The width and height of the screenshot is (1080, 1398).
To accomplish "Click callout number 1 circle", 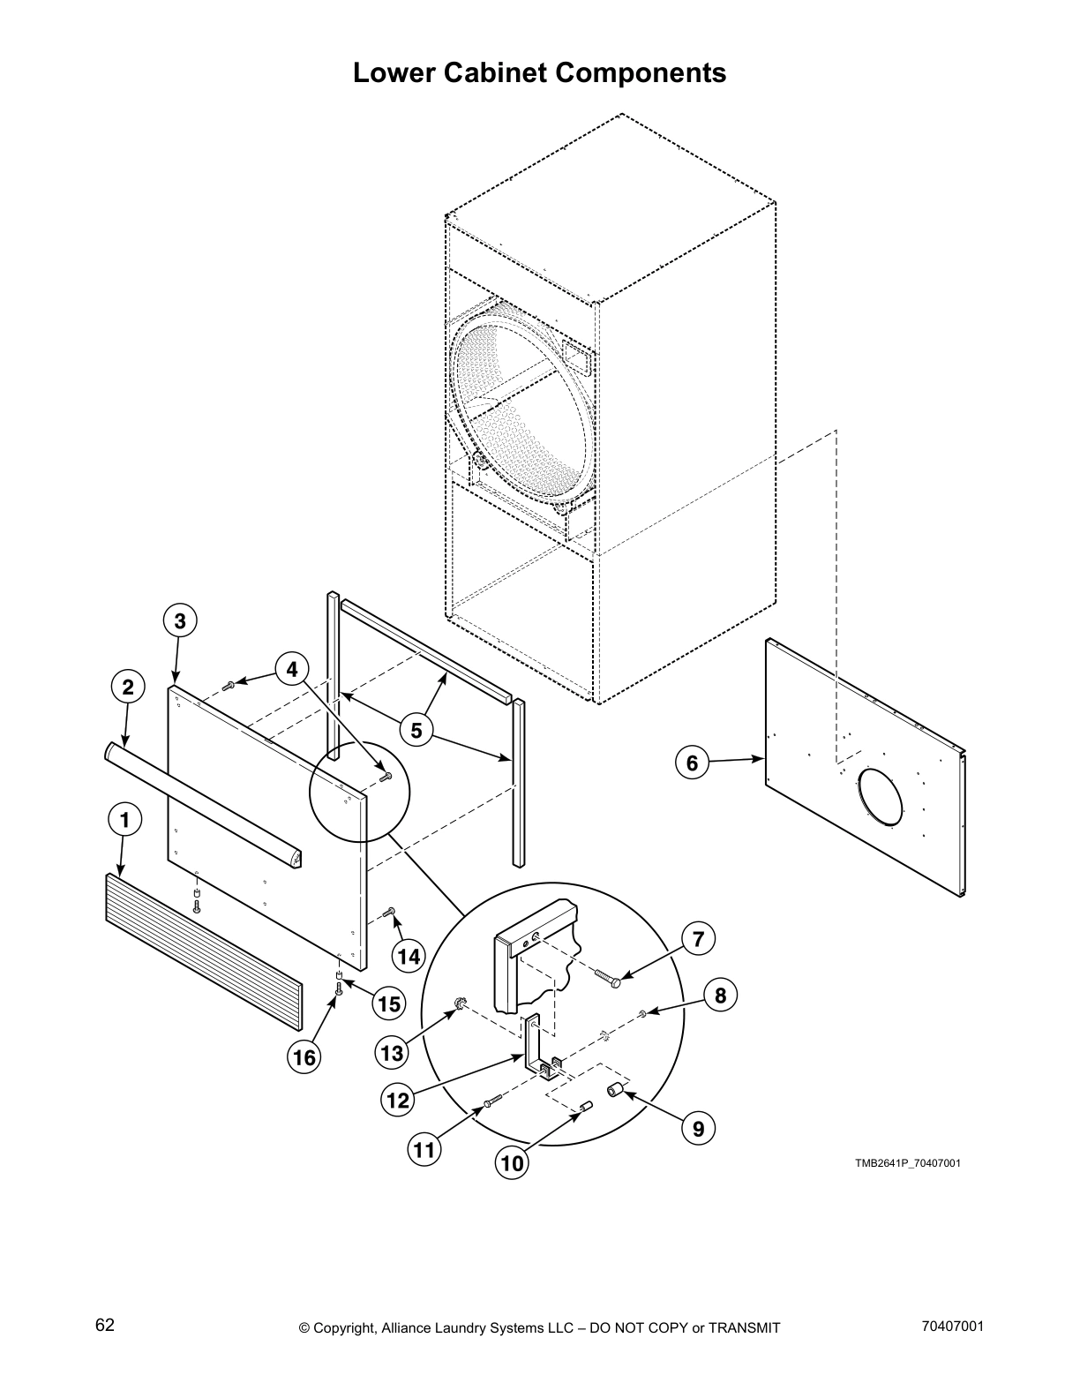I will (124, 820).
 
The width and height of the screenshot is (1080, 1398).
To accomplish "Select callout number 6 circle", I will (692, 763).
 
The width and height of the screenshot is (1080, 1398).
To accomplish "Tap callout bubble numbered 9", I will (698, 1127).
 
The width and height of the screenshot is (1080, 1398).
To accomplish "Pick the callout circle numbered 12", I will (398, 1100).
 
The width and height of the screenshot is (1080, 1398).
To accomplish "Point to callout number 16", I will (304, 1057).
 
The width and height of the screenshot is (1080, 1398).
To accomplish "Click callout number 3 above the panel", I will (179, 620).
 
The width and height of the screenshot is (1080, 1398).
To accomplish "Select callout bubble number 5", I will (416, 729).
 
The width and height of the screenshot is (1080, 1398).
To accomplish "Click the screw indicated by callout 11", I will (491, 1101).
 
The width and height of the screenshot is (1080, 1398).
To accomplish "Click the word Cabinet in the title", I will (539, 72).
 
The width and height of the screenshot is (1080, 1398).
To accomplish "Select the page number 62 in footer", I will (105, 1325).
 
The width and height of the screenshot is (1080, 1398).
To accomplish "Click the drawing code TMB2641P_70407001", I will (907, 1162).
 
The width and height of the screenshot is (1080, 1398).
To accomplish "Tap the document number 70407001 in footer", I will (951, 1326).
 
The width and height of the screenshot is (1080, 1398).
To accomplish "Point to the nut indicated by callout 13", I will (460, 1003).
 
